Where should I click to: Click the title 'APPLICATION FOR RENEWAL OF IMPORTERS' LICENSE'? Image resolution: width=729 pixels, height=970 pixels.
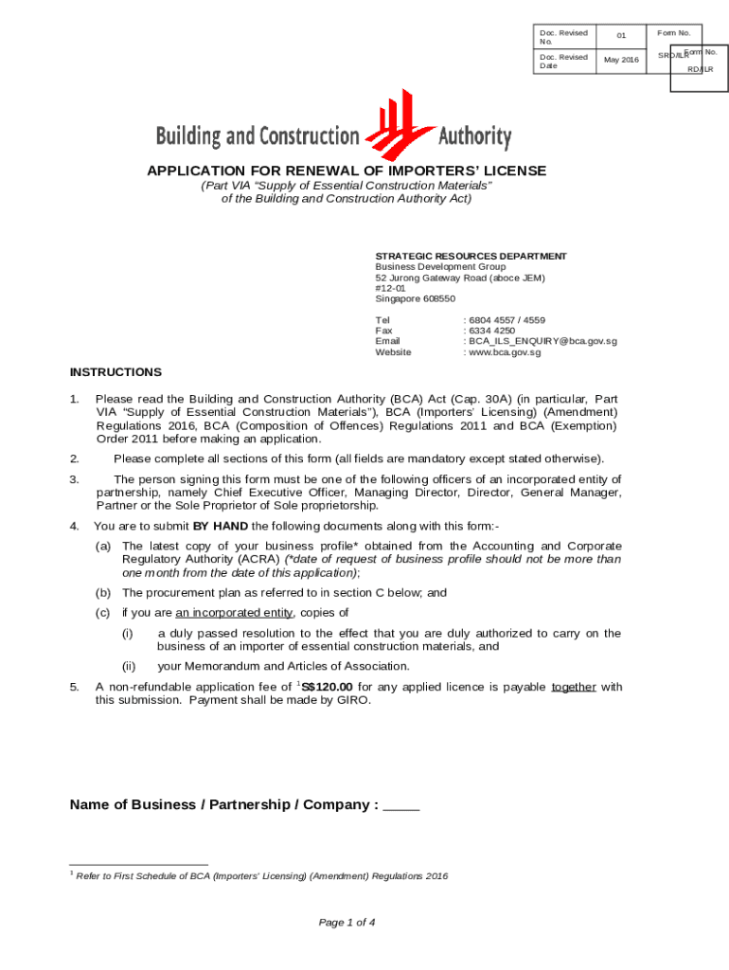tap(346, 171)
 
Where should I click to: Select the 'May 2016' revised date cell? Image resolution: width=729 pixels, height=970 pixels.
tap(621, 61)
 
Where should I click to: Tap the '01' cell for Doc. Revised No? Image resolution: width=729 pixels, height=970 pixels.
tap(621, 36)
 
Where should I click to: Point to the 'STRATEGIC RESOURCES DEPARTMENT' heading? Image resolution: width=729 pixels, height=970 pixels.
tap(471, 256)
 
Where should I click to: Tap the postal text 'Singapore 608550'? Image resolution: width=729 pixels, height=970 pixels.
tap(415, 298)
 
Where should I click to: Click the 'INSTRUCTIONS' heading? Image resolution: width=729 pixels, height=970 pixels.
tap(116, 372)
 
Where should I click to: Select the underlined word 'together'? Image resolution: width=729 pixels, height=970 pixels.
tap(573, 687)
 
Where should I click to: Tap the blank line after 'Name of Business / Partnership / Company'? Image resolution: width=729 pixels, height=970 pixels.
tap(401, 805)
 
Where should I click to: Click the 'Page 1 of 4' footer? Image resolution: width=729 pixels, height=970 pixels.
tap(347, 922)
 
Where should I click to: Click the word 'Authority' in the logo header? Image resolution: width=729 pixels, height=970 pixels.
tap(474, 136)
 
